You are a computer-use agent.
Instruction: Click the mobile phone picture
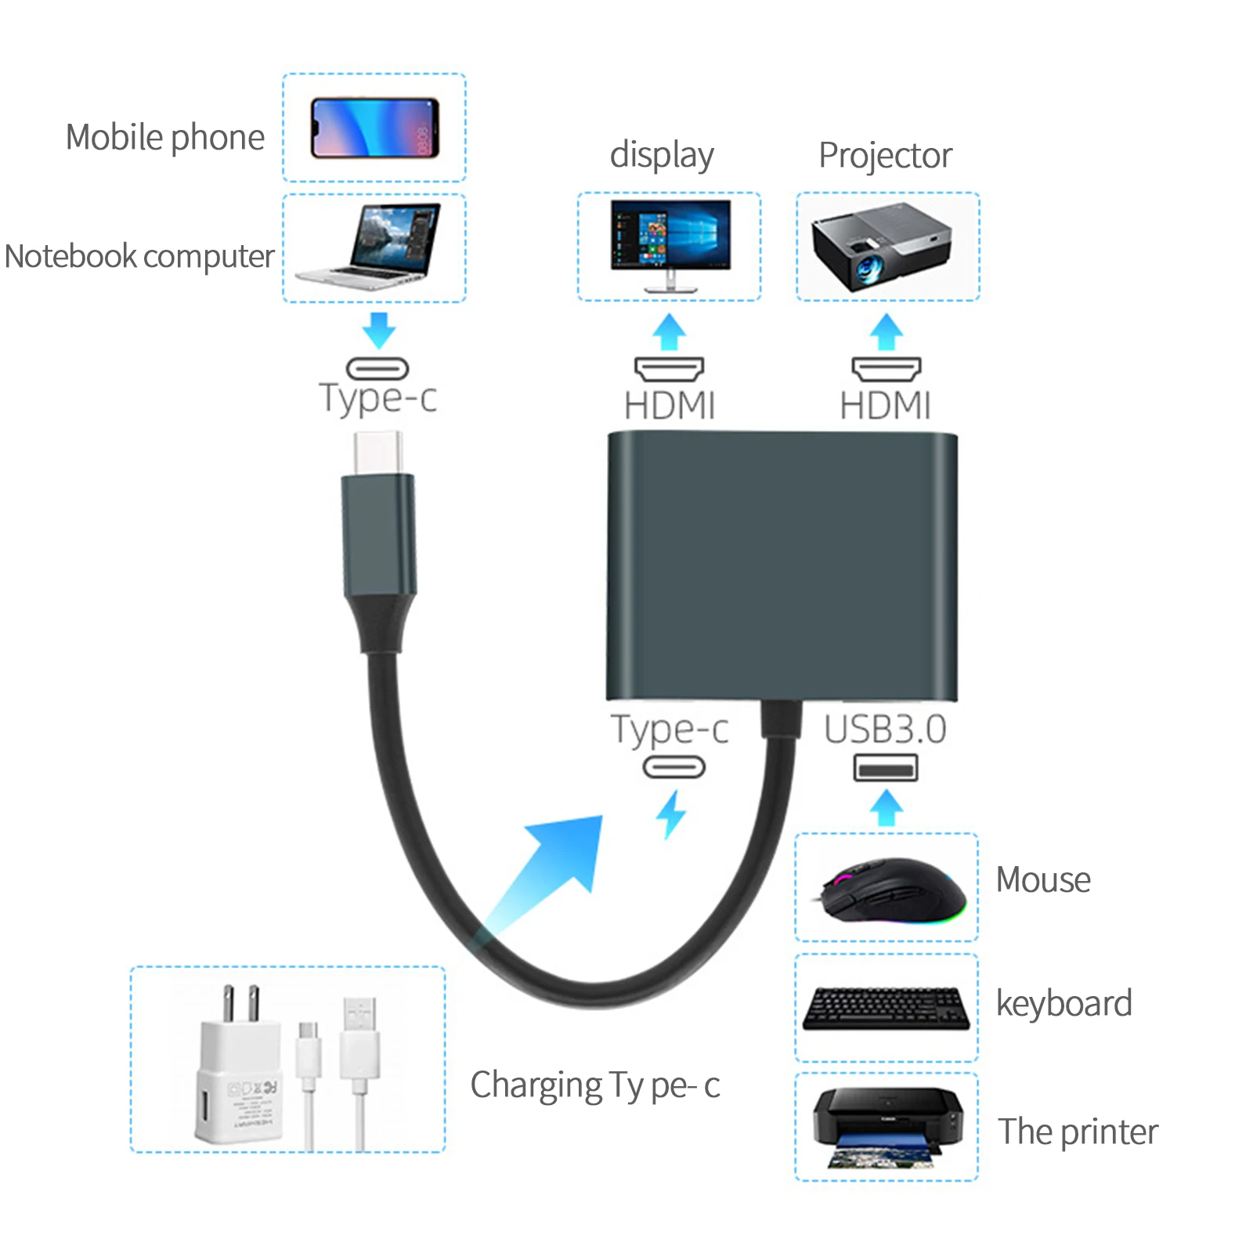pyautogui.click(x=374, y=128)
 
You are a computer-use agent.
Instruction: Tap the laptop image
pyautogui.click(x=371, y=246)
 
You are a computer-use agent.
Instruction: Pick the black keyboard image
pyautogui.click(x=886, y=1008)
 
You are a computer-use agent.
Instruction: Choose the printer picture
pyautogui.click(x=887, y=1126)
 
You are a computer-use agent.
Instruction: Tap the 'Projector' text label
pyautogui.click(x=885, y=155)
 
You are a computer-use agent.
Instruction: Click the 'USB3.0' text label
pyautogui.click(x=885, y=729)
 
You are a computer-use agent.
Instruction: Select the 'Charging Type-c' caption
pyautogui.click(x=594, y=1085)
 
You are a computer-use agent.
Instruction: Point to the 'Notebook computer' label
pyautogui.click(x=139, y=257)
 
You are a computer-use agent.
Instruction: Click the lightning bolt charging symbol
pyautogui.click(x=670, y=814)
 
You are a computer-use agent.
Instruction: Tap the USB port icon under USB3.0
pyautogui.click(x=885, y=768)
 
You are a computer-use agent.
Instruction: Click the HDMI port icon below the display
pyautogui.click(x=669, y=369)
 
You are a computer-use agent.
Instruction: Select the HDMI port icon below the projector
pyautogui.click(x=886, y=369)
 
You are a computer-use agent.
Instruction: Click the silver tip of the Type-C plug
pyautogui.click(x=378, y=453)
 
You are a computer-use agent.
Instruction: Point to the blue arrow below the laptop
pyautogui.click(x=379, y=330)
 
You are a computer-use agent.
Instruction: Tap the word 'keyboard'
pyautogui.click(x=1063, y=1004)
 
